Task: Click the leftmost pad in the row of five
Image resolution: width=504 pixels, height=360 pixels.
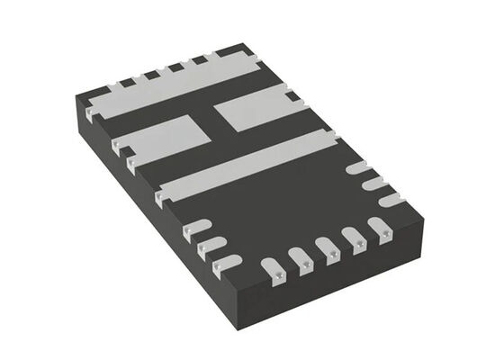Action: [273, 266]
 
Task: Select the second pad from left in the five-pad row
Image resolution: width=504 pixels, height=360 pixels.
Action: [301, 258]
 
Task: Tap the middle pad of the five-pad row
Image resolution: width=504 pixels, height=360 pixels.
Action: [328, 250]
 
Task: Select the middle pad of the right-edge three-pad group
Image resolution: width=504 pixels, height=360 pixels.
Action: [372, 184]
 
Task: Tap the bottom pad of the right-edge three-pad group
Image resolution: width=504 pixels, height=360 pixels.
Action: [389, 199]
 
